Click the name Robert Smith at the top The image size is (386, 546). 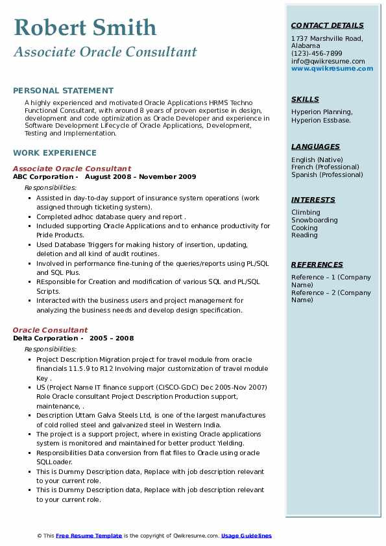(x=84, y=28)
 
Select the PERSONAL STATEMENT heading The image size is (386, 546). (x=63, y=91)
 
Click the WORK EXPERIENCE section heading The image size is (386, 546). (x=54, y=153)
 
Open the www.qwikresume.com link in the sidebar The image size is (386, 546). (x=328, y=68)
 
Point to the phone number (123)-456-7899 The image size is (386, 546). (x=317, y=54)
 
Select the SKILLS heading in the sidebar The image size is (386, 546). (x=305, y=99)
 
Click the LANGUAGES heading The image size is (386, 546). (x=315, y=147)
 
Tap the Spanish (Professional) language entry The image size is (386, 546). (x=327, y=174)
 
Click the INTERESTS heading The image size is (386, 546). (x=313, y=200)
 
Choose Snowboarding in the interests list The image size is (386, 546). (x=315, y=220)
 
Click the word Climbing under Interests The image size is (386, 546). (x=306, y=213)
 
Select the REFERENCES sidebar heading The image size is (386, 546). (x=317, y=265)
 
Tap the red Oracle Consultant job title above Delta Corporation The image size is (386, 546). (x=50, y=330)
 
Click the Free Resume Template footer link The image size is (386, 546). (x=89, y=536)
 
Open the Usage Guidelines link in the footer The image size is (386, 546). (x=246, y=536)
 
